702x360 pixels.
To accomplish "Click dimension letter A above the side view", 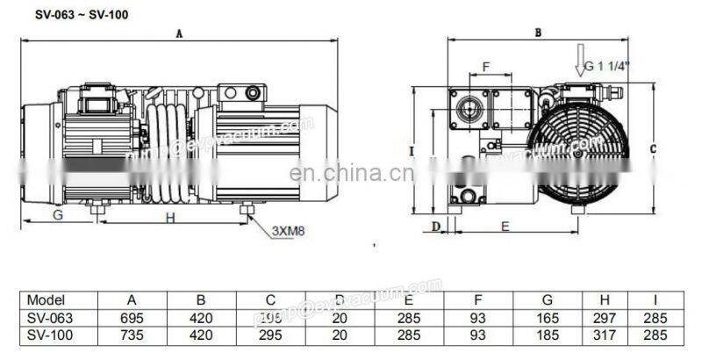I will pyautogui.click(x=179, y=34).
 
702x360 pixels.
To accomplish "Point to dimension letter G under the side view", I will pyautogui.click(x=58, y=214).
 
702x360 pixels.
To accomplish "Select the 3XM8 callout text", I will pyautogui.click(x=288, y=231).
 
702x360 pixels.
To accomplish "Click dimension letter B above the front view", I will pyautogui.click(x=537, y=32).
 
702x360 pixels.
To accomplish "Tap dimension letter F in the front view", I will pyautogui.click(x=486, y=66).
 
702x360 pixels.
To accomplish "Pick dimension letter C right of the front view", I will pyautogui.click(x=653, y=149).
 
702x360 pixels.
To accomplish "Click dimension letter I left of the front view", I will pyautogui.click(x=412, y=150).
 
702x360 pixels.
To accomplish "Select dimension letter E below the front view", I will pyautogui.click(x=505, y=227).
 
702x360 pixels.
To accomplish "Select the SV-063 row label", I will pyautogui.click(x=47, y=317).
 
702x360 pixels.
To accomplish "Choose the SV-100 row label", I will pyautogui.click(x=47, y=335).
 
